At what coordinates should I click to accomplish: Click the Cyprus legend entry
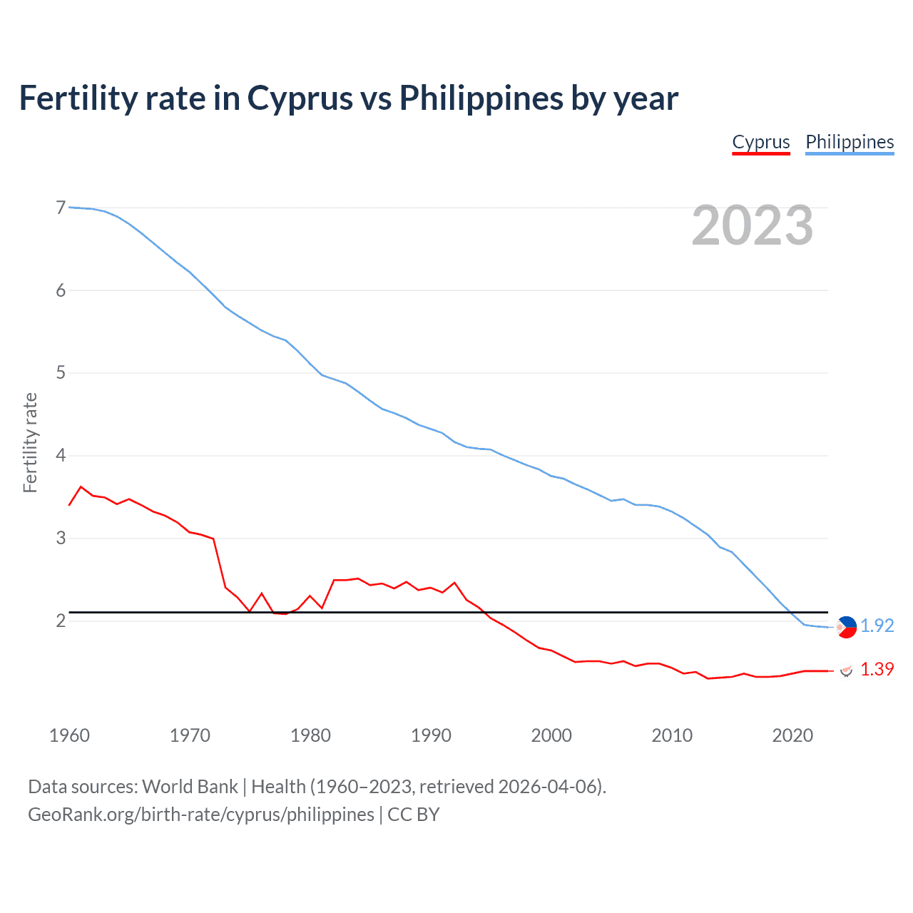(x=761, y=142)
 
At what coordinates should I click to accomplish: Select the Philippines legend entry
(x=850, y=142)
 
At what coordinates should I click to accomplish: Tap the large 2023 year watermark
(x=752, y=225)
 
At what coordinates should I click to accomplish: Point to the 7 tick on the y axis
(x=61, y=208)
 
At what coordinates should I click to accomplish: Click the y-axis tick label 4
(x=61, y=455)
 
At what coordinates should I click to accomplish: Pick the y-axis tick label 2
(x=61, y=621)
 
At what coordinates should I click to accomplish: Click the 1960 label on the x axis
(x=69, y=735)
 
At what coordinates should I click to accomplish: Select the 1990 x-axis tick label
(x=431, y=735)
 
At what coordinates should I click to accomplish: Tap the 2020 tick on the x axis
(x=792, y=735)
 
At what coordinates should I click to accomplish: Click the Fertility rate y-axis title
(x=30, y=442)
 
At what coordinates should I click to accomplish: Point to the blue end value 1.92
(x=877, y=626)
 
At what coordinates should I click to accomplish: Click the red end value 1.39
(x=877, y=669)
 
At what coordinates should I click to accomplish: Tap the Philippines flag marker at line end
(x=846, y=626)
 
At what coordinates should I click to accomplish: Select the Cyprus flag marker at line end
(x=846, y=670)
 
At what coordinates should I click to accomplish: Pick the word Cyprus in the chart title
(x=300, y=98)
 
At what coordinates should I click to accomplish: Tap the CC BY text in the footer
(x=414, y=815)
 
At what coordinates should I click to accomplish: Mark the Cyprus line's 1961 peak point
(x=81, y=486)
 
